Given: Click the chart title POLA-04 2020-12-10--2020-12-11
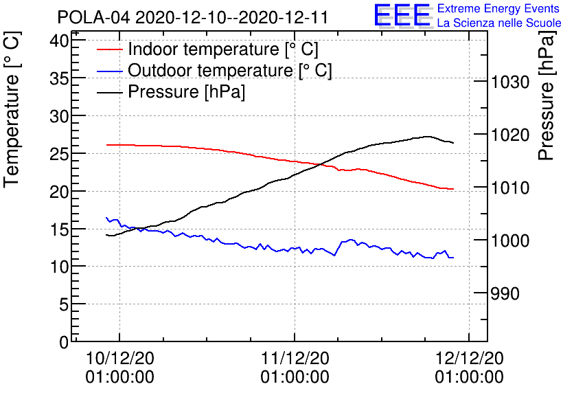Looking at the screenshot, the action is (x=192, y=17).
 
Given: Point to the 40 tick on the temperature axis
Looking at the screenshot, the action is (x=59, y=41).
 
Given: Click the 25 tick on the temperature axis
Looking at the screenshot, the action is (x=59, y=154).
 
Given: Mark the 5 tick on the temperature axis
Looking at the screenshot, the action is (x=64, y=304).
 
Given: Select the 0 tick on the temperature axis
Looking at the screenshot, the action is (x=64, y=342).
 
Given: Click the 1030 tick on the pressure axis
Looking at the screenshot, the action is (x=510, y=82).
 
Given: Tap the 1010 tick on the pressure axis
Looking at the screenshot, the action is (x=510, y=188).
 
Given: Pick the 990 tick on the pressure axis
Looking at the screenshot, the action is (x=505, y=293).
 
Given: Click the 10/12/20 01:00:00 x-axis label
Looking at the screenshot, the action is (x=119, y=368).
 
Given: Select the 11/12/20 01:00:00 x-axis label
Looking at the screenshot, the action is (x=295, y=368).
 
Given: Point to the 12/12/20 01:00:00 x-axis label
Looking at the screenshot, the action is (x=470, y=368).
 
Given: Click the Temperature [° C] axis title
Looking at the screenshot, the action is (x=12, y=109).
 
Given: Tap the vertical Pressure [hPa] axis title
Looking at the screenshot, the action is (x=547, y=96).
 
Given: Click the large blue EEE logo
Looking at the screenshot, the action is (x=402, y=15).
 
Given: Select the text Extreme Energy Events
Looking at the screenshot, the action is (x=498, y=8).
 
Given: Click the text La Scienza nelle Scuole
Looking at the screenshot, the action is (x=499, y=23).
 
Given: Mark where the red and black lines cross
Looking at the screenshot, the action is (x=321, y=164).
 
